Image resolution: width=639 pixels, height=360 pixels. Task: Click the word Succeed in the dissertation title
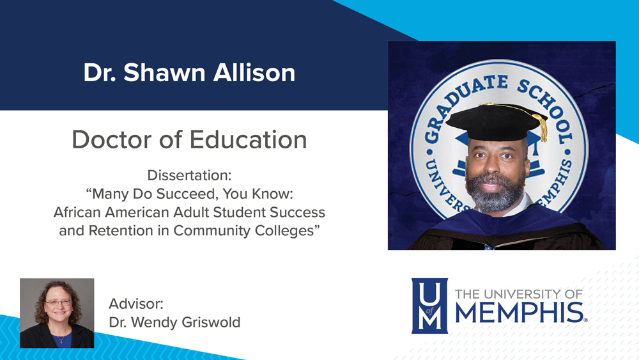coord(182,193)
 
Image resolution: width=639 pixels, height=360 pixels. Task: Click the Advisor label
coord(136,303)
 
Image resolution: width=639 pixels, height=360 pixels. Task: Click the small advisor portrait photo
coord(57,313)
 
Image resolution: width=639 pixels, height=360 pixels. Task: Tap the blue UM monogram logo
coord(429,306)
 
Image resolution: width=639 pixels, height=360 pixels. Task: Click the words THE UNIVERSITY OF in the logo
coord(518,293)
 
